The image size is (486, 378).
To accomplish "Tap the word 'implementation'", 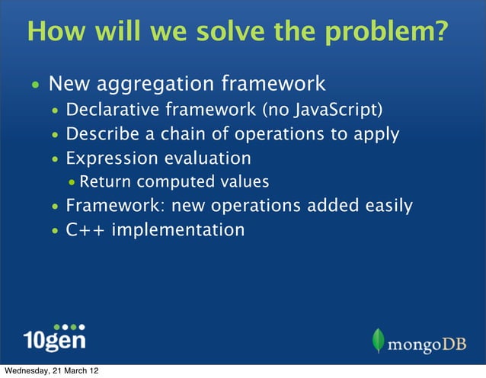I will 178,229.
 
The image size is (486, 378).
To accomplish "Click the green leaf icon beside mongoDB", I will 379,340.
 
